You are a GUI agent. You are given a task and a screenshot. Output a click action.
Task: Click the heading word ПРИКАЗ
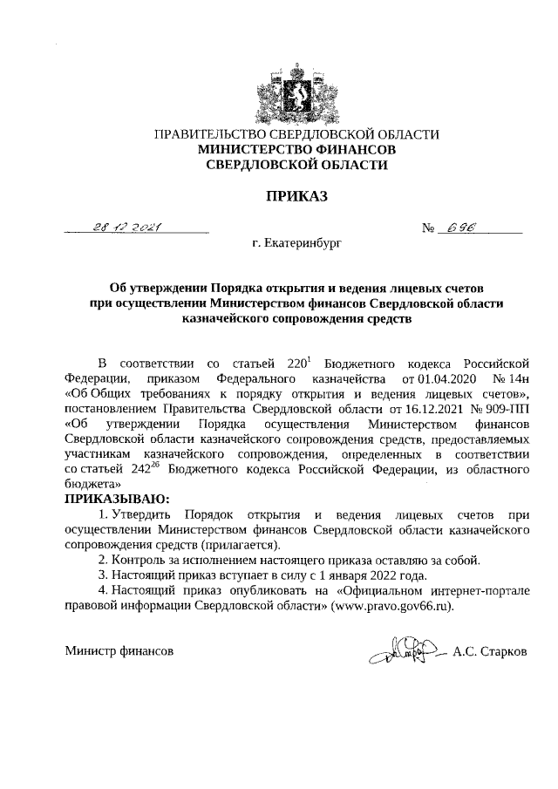[x=296, y=197]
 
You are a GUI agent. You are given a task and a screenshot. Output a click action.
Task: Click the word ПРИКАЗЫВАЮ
[x=116, y=499]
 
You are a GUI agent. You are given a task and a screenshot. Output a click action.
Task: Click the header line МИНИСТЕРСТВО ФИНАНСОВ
[x=296, y=149]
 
